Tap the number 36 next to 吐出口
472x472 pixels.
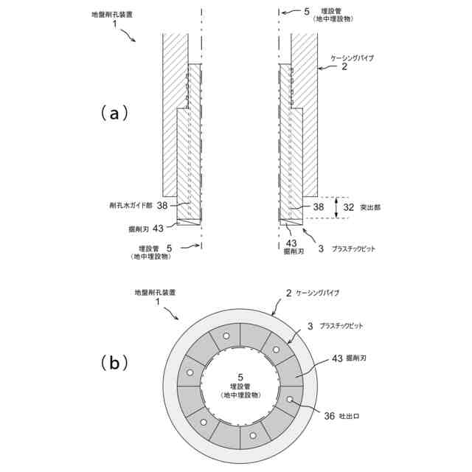pyautogui.click(x=328, y=415)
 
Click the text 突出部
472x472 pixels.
pyautogui.click(x=371, y=207)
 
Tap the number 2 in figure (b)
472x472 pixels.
pyautogui.click(x=288, y=294)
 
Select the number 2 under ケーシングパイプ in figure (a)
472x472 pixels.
pyautogui.click(x=344, y=66)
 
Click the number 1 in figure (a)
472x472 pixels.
pyautogui.click(x=115, y=24)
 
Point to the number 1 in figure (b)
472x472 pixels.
pyautogui.click(x=157, y=303)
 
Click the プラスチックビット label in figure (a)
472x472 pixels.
pyautogui.click(x=354, y=249)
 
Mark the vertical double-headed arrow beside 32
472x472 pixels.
pyautogui.click(x=336, y=207)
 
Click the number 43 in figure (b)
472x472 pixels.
pyautogui.click(x=337, y=358)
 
